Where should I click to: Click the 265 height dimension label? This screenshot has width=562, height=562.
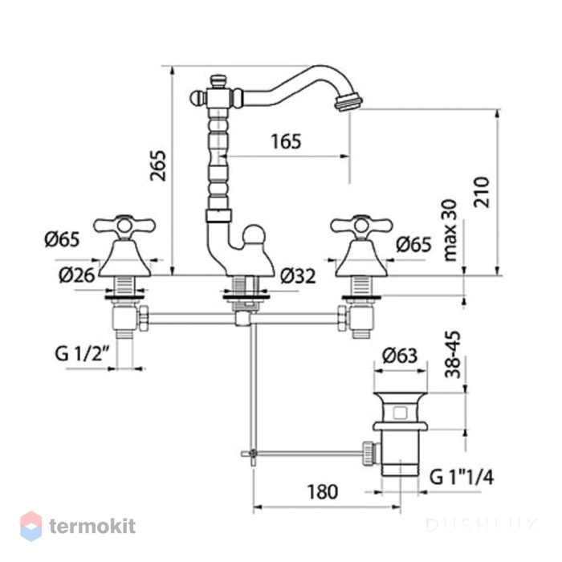click(x=158, y=165)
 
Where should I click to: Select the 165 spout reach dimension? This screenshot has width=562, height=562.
click(x=286, y=141)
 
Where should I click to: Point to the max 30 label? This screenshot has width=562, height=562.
click(x=450, y=230)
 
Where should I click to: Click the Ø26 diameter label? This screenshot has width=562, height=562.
click(x=77, y=275)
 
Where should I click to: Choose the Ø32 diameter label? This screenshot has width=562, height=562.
click(x=298, y=276)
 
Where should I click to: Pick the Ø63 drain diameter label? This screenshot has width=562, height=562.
click(x=400, y=356)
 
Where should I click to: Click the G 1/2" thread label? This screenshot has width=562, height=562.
click(x=82, y=354)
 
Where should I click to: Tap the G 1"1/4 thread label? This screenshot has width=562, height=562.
click(x=462, y=477)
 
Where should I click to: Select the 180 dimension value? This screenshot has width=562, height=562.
click(x=323, y=491)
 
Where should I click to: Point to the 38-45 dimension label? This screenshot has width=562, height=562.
click(x=453, y=355)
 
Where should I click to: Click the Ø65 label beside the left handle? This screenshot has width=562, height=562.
click(x=62, y=239)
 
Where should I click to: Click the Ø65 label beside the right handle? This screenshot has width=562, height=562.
click(x=414, y=244)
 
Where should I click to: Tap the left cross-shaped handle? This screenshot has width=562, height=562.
click(x=124, y=226)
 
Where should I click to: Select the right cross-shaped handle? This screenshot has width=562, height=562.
click(x=361, y=226)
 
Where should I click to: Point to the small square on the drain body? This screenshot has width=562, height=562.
click(x=400, y=413)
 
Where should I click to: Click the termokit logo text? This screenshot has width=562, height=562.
click(x=92, y=527)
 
